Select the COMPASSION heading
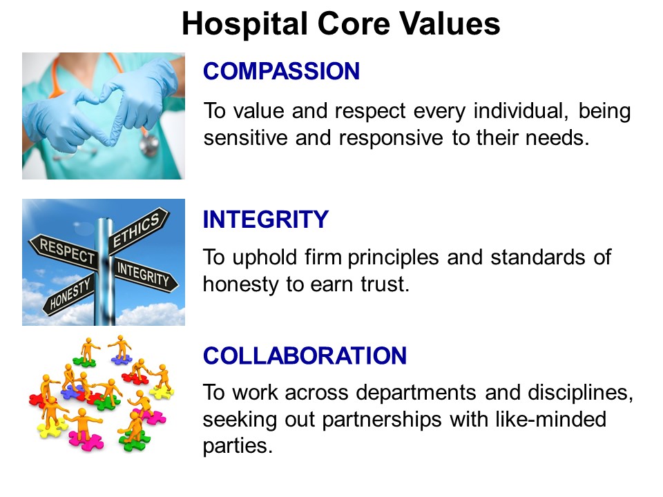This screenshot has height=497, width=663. pyautogui.click(x=281, y=71)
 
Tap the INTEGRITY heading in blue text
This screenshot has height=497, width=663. pyautogui.click(x=265, y=219)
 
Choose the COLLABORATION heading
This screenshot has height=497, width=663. pyautogui.click(x=305, y=355)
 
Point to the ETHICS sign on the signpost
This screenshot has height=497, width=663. pyautogui.click(x=139, y=230)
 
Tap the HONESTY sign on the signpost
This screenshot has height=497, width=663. pyautogui.click(x=70, y=295)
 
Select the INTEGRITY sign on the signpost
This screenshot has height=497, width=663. pyautogui.click(x=144, y=274)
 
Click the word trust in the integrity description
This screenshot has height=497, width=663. pyautogui.click(x=385, y=284)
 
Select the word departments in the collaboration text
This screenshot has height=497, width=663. pyautogui.click(x=416, y=393)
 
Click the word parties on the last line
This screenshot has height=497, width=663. pyautogui.click(x=238, y=447)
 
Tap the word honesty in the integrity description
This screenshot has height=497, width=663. pyautogui.click(x=240, y=285)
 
